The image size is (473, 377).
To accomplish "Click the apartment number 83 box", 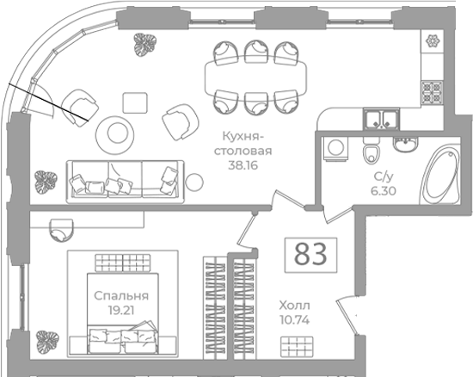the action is coord(310,255).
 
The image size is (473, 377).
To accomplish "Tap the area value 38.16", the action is coord(243,165).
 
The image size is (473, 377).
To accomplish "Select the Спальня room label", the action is coord(121,296).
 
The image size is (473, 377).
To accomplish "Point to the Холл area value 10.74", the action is coord(295,320).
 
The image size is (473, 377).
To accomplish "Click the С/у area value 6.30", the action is coord(384,191).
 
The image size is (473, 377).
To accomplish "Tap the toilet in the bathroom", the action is coord(372,150).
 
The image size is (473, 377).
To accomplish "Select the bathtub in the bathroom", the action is coord(439,175).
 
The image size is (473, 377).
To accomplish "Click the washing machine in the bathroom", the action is coord(335,148).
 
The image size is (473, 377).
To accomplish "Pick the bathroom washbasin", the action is coord(405,144).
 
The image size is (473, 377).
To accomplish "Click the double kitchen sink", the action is coord(381,120).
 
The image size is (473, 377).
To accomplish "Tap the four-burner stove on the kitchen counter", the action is coord(432,91).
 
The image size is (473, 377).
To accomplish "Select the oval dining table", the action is coord(255,77).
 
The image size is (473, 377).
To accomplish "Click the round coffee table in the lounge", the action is coord(115,133).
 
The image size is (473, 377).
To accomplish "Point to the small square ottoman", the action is coord(135,103).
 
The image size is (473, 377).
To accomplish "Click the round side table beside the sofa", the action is coord(194,182).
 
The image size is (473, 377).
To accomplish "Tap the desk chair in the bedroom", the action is coord(62,230).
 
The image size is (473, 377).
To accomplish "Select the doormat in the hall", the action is coord(297,347).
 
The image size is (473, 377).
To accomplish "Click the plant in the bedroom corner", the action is coord(47,341).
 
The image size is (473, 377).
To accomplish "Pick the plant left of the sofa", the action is coord(46,182).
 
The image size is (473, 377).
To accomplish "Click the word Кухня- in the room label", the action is coord(243,137).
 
